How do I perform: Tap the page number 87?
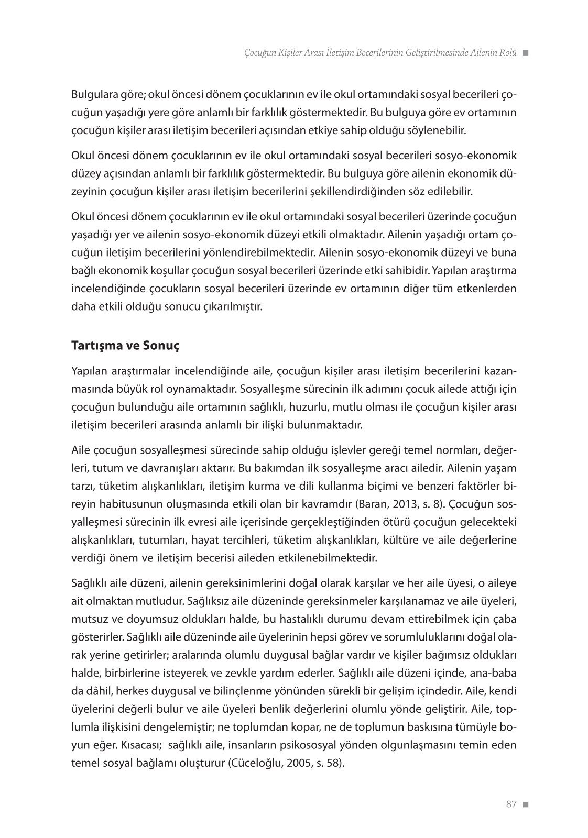click(511, 804)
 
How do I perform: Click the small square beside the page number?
click(526, 804)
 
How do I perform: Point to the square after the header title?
click(526, 53)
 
